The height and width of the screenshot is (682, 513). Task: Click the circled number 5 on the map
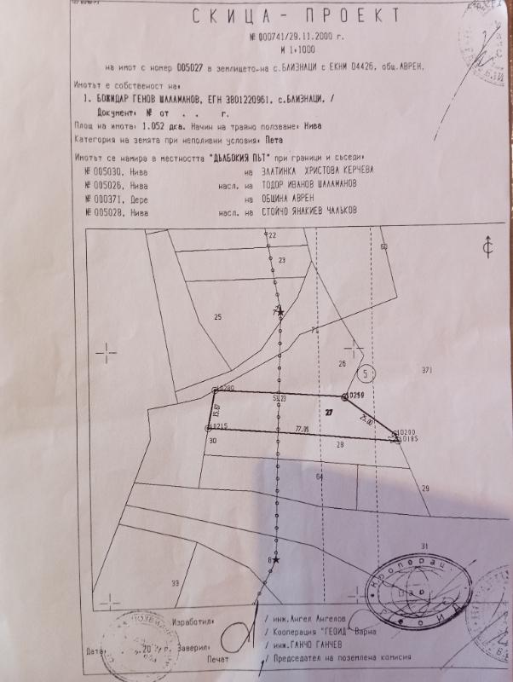point(367,373)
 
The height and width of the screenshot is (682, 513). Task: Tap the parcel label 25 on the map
point(217,317)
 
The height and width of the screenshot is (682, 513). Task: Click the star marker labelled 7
point(279,314)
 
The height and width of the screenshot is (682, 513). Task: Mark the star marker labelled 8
point(275,560)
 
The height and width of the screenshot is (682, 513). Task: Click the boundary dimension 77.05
point(301,429)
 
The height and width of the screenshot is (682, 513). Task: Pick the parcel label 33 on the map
point(175,583)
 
